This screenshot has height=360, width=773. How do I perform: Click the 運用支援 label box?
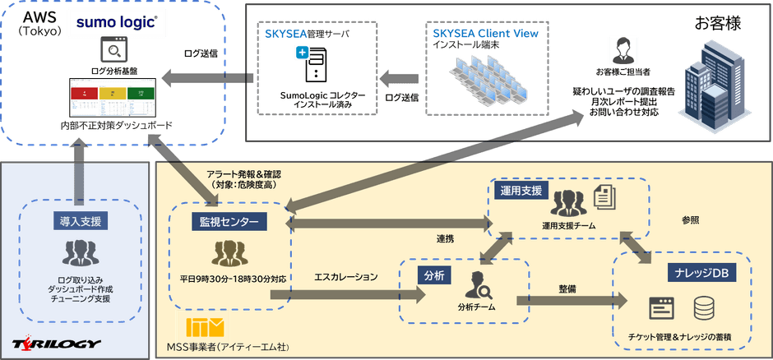tap(521, 190)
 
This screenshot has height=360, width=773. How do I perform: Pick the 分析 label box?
tap(434, 275)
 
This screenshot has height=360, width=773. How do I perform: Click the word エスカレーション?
tap(346, 278)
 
